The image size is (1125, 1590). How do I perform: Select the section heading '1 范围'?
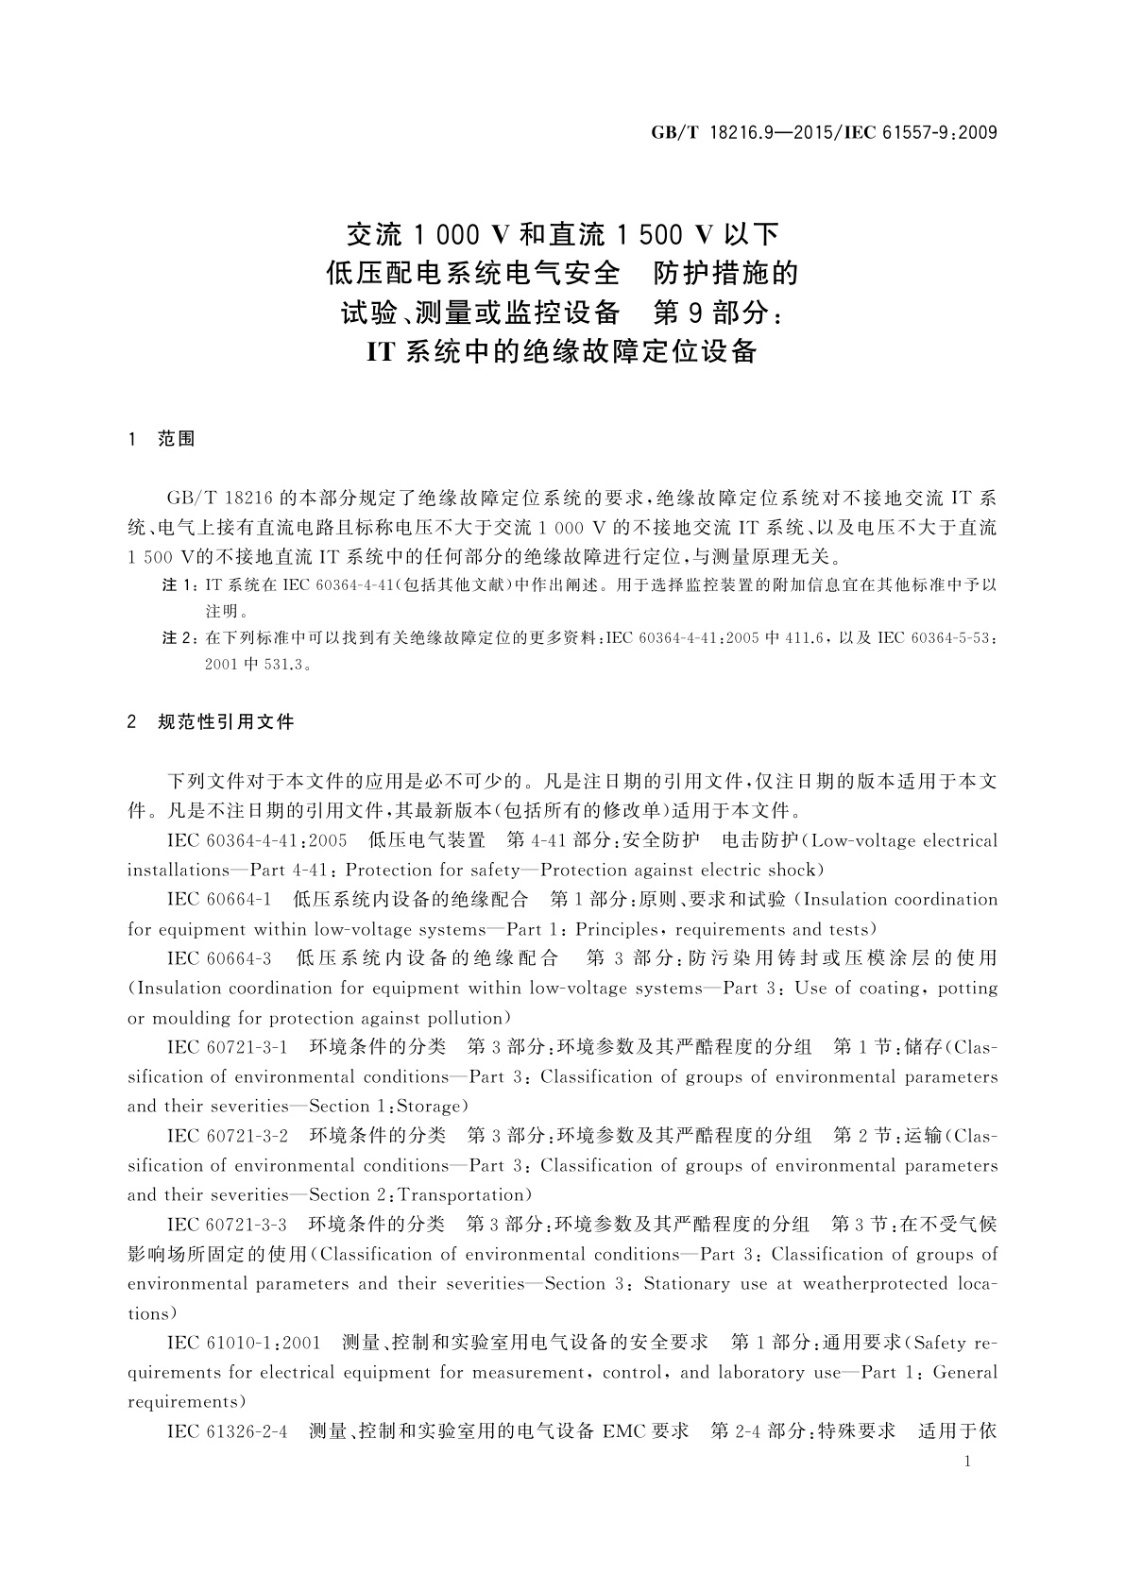click(162, 439)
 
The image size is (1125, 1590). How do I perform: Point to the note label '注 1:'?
click(180, 585)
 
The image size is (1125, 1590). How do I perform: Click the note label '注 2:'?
click(180, 639)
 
